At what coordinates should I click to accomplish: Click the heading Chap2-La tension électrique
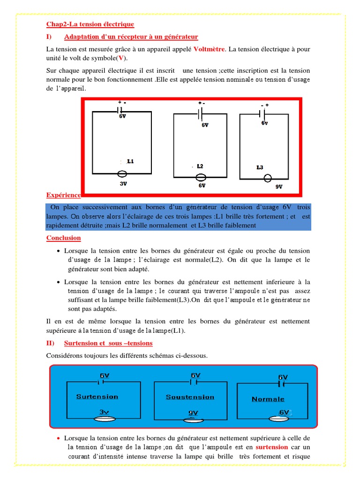pyautogui.click(x=90, y=24)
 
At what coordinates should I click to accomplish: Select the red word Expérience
pyautogui.click(x=63, y=195)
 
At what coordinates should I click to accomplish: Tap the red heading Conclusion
pyautogui.click(x=63, y=238)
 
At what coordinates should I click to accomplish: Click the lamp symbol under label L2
pyautogui.click(x=201, y=177)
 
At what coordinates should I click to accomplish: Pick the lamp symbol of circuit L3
pyautogui.click(x=268, y=179)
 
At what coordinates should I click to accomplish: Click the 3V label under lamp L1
pyautogui.click(x=123, y=184)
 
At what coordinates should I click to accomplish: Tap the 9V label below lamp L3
pyautogui.click(x=278, y=187)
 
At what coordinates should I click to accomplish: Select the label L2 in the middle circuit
pyautogui.click(x=200, y=166)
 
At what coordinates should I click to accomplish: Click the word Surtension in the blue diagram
pyautogui.click(x=97, y=397)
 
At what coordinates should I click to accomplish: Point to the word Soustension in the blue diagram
pyautogui.click(x=190, y=397)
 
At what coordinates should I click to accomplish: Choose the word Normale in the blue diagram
pyautogui.click(x=268, y=399)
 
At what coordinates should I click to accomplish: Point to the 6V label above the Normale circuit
pyautogui.click(x=283, y=377)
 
